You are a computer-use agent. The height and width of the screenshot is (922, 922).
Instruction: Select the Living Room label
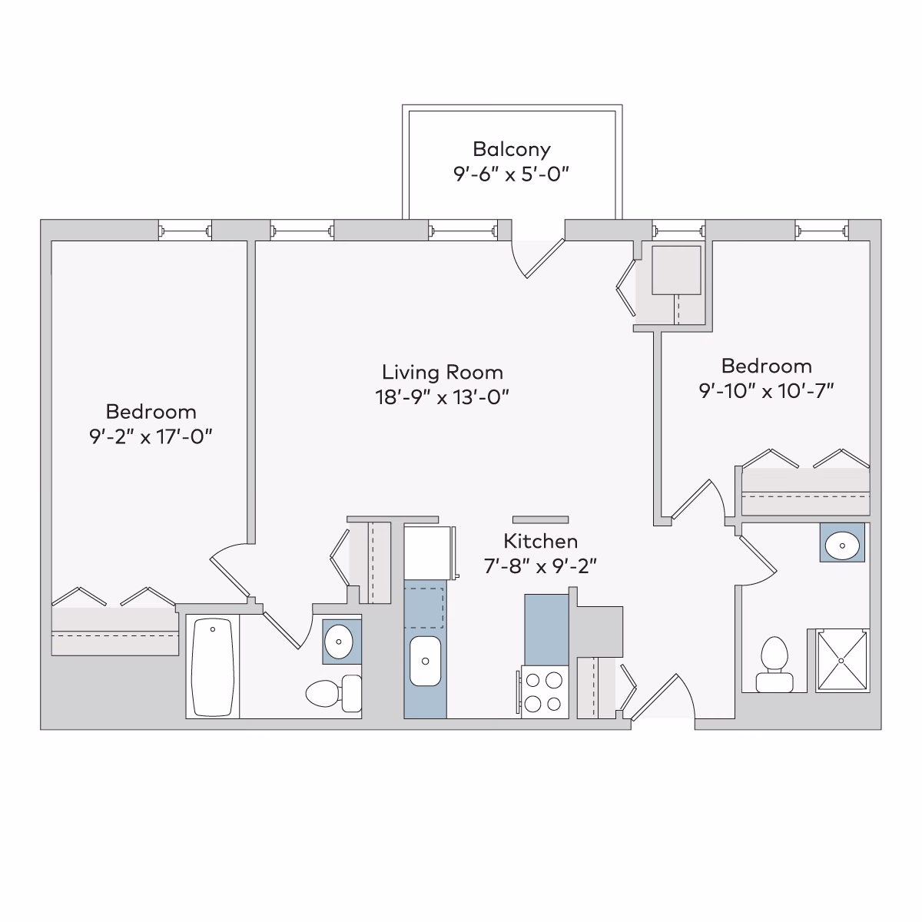[443, 373]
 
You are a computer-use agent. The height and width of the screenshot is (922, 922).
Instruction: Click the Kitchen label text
[540, 541]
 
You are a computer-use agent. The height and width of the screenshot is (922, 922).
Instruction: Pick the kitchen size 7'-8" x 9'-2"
[540, 566]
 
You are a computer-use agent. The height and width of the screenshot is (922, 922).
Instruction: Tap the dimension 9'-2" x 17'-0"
[151, 436]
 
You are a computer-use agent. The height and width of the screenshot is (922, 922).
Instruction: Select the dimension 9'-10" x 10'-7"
[766, 390]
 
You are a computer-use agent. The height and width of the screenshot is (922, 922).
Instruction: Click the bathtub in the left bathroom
[212, 667]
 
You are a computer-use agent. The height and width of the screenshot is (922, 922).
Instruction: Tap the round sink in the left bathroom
[338, 639]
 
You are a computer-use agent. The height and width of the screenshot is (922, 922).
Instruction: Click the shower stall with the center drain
[841, 660]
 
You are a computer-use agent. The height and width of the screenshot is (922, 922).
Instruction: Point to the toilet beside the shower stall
[773, 665]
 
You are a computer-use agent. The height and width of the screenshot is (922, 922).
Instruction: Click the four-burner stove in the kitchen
[544, 691]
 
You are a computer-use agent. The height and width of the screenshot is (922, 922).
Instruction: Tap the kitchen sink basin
[425, 660]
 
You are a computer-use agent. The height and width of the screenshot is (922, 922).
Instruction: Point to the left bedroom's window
[184, 230]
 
